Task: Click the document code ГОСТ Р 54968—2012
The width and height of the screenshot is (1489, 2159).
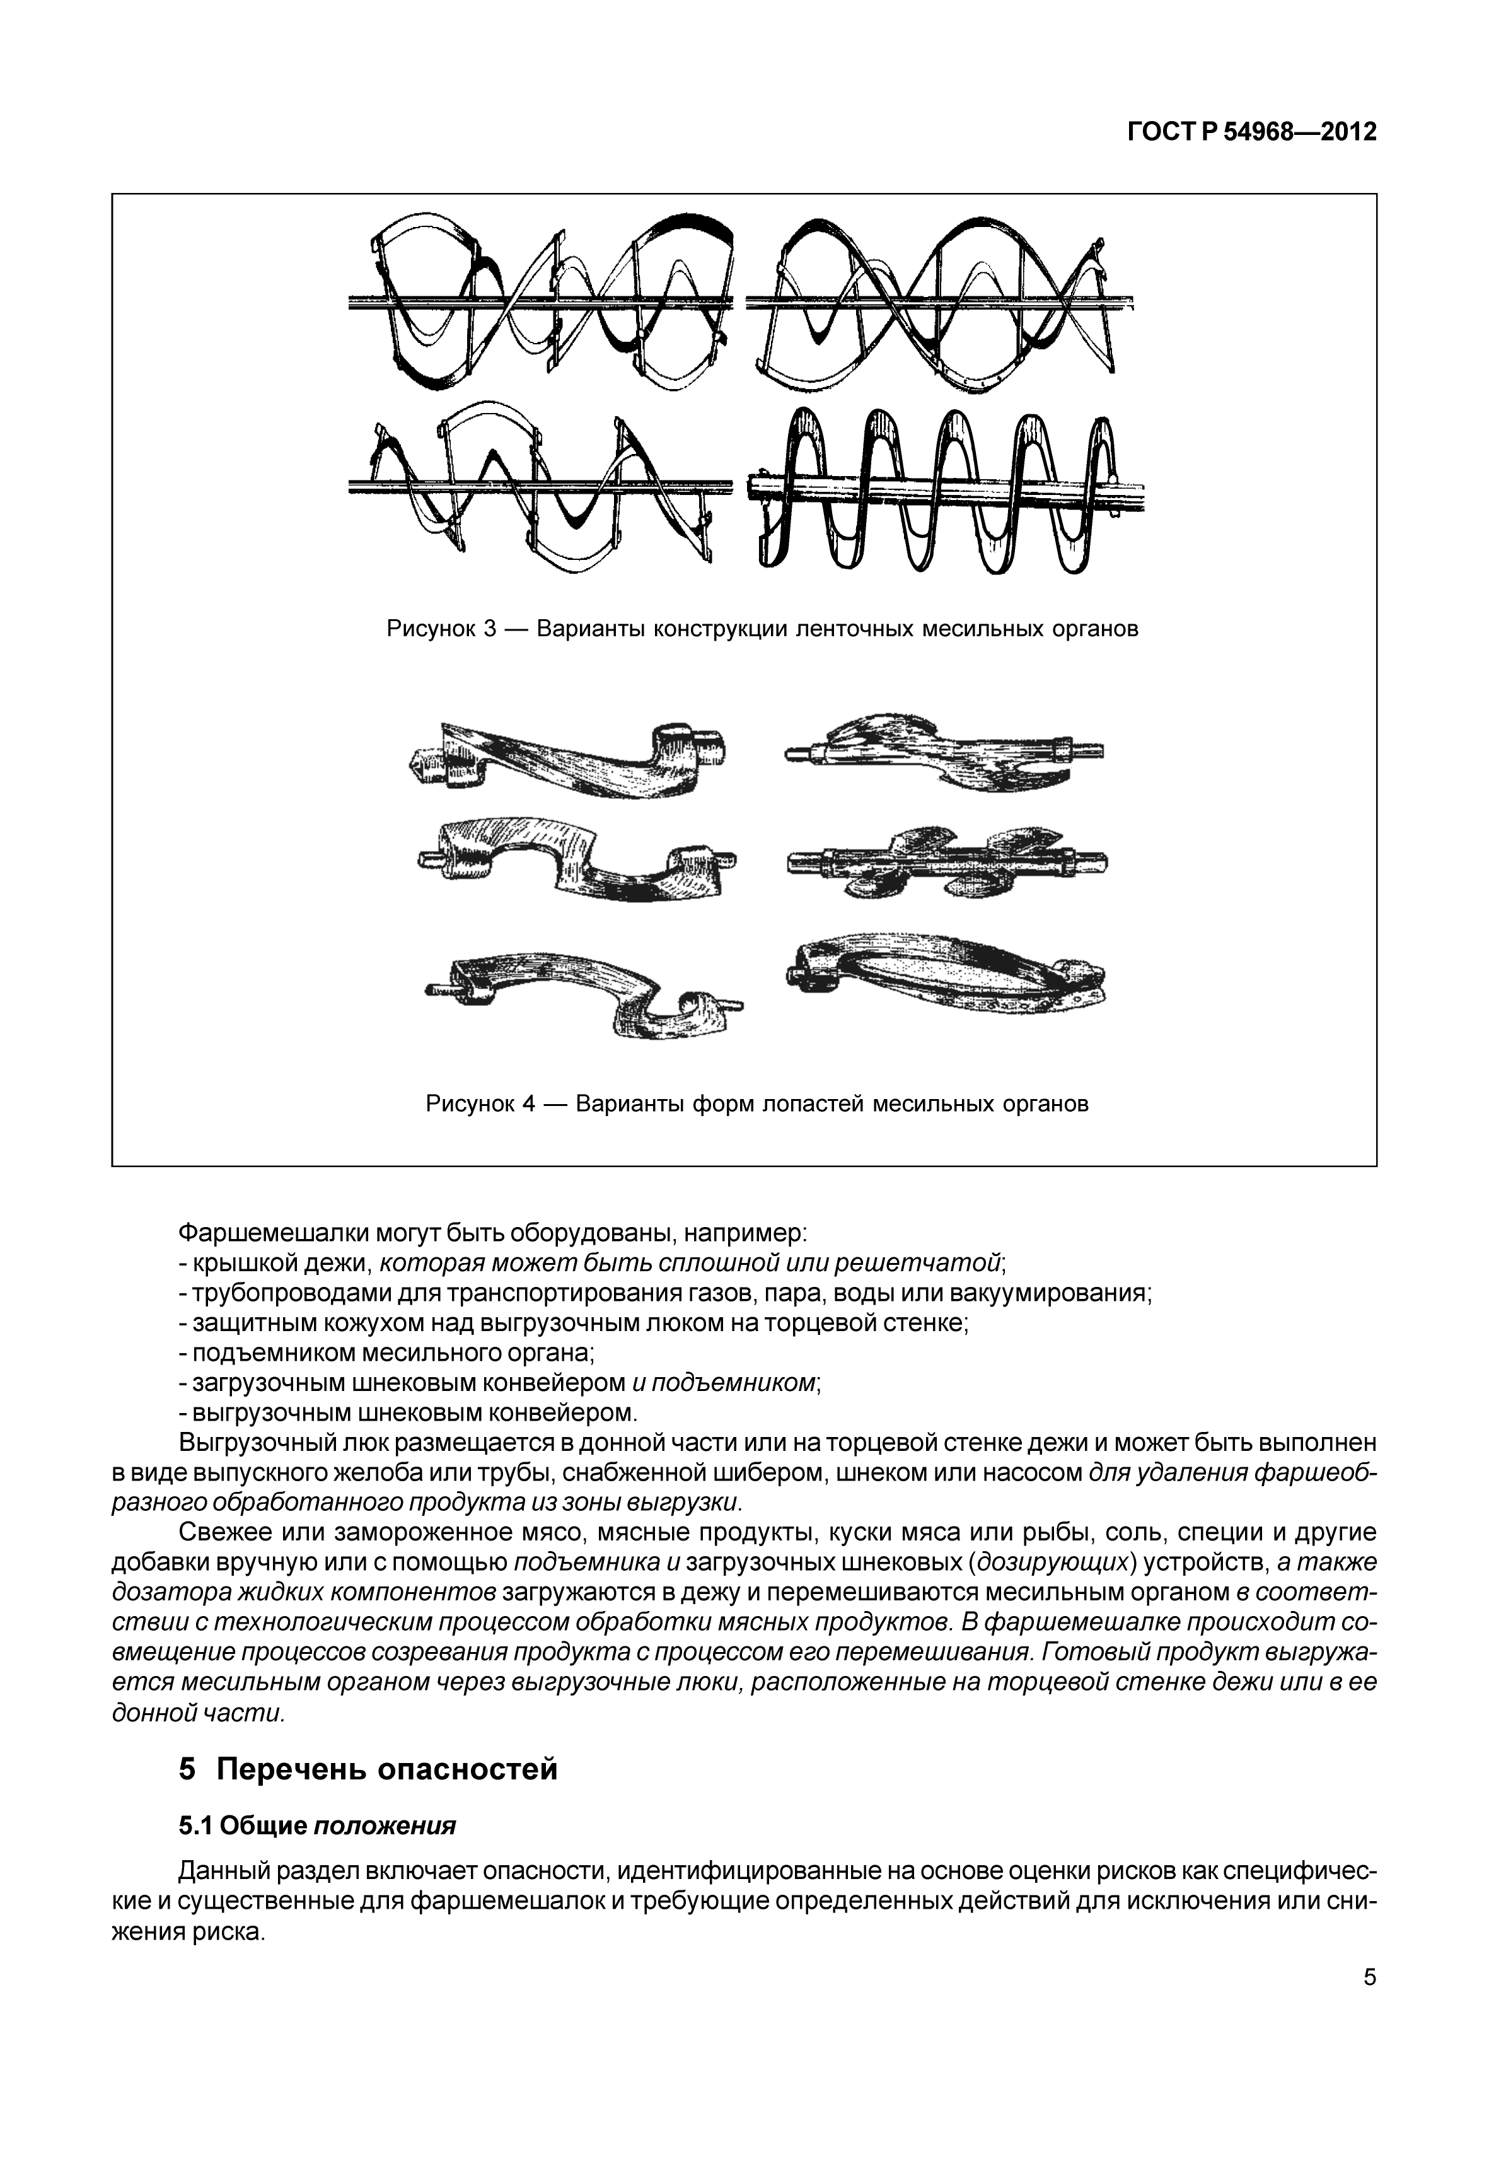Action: click(1251, 132)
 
